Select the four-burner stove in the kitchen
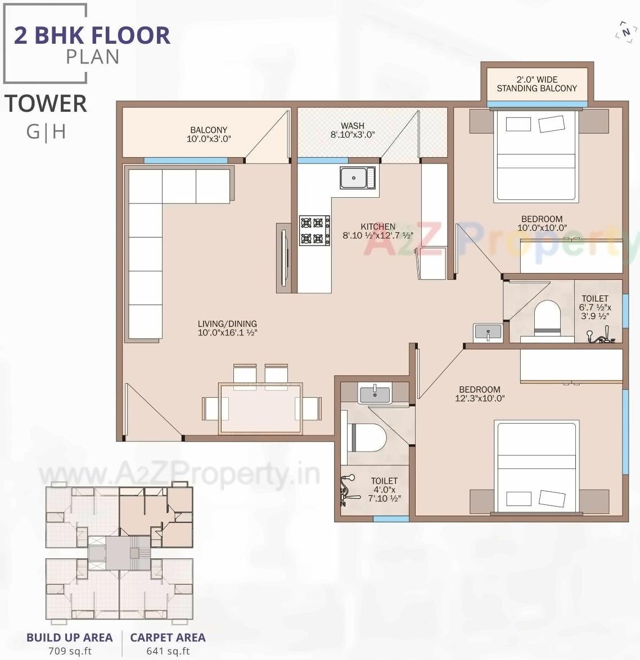(314, 230)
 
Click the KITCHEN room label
(378, 227)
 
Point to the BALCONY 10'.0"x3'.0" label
(209, 134)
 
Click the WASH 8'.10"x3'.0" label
(353, 130)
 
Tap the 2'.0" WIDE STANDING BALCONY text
(537, 84)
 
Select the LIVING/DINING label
(227, 328)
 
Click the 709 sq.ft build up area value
(70, 651)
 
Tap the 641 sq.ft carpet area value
(168, 651)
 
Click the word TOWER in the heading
(46, 104)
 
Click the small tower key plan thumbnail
(119, 553)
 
